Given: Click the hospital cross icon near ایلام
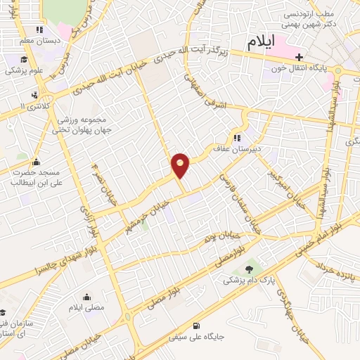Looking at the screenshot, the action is coord(300,57).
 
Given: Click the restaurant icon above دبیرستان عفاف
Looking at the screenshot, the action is coord(238,138).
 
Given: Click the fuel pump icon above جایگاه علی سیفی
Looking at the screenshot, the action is coord(205,325).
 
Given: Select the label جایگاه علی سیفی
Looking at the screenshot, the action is coord(203,336).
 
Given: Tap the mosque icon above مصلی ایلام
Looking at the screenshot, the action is coord(86,297).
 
